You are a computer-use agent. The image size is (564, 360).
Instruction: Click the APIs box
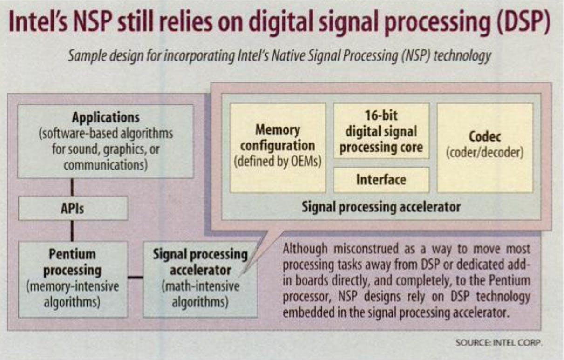[x=73, y=208]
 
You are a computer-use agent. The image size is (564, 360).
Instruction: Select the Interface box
[x=381, y=180]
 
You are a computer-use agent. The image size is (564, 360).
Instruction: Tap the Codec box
[x=485, y=148]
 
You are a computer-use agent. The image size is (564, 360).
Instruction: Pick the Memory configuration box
[x=278, y=148]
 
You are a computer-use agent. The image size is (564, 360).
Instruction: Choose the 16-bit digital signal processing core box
[x=381, y=131]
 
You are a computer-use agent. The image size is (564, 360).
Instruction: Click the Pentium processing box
[x=73, y=279]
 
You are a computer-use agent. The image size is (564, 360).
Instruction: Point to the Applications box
[x=106, y=142]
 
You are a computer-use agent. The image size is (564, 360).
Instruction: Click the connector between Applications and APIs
[x=72, y=187]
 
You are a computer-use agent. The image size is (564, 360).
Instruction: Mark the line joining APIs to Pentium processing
[x=72, y=231]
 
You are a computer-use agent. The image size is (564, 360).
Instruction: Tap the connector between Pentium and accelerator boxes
[x=135, y=278]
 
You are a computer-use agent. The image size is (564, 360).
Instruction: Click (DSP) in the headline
[x=523, y=23]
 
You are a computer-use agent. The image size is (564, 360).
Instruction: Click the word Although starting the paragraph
[x=305, y=249]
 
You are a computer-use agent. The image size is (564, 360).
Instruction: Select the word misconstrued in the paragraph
[x=366, y=249]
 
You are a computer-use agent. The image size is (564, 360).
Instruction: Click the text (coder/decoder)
[x=485, y=153]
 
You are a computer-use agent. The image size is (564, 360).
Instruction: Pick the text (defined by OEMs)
[x=278, y=161]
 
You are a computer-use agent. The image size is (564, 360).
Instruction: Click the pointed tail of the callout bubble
[x=240, y=277]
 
